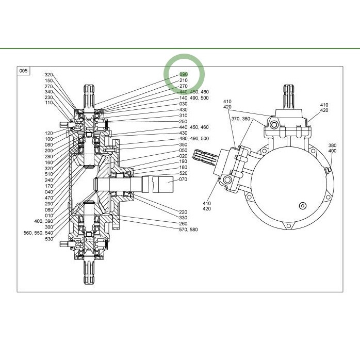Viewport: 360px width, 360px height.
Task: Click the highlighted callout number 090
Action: (x=184, y=74)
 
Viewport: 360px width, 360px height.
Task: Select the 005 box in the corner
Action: (x=23, y=71)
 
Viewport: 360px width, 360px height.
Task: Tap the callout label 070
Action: (x=183, y=179)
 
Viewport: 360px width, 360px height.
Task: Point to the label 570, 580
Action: (x=188, y=230)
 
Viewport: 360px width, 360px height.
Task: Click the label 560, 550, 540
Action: (x=38, y=233)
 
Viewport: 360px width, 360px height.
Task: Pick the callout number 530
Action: (x=49, y=239)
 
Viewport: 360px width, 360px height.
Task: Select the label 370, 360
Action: (x=241, y=119)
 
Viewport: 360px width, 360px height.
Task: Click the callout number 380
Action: (x=332, y=145)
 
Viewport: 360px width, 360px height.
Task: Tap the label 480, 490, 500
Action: (x=194, y=138)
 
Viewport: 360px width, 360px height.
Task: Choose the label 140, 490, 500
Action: (x=194, y=98)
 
